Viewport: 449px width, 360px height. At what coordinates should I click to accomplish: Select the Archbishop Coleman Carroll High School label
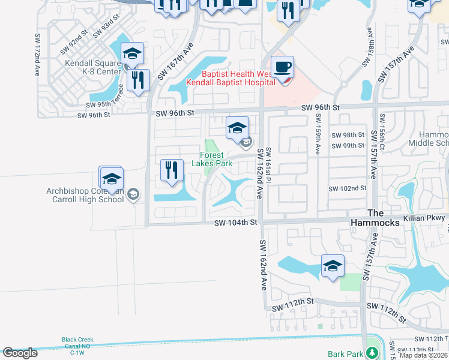85,195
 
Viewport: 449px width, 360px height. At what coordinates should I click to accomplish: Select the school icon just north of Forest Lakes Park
238,128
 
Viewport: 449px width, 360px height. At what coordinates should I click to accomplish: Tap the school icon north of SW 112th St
333,266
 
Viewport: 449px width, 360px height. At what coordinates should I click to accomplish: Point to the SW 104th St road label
236,223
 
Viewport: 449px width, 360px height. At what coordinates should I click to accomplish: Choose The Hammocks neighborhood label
384,218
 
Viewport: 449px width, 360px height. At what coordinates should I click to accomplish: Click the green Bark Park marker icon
373,353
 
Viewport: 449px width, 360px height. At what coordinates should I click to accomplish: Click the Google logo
20,353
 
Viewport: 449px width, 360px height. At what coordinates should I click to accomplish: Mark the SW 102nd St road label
347,188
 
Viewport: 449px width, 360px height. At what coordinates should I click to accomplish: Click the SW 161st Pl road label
268,166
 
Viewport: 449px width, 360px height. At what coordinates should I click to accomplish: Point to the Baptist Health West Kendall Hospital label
230,77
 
